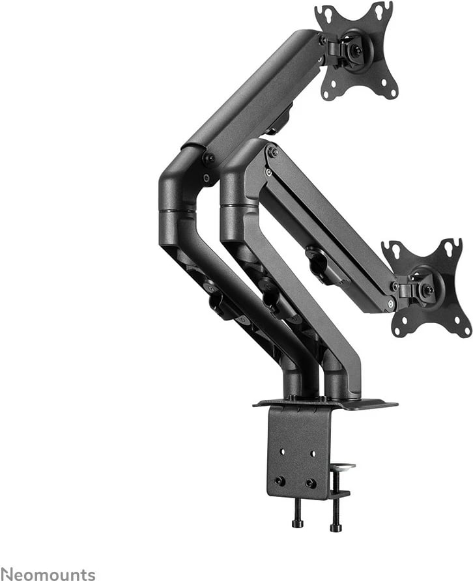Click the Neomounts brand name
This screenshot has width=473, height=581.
pyautogui.click(x=48, y=574)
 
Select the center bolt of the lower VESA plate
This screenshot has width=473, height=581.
pyautogui.click(x=428, y=290)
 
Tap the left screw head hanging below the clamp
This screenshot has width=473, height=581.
pyautogui.click(x=298, y=522)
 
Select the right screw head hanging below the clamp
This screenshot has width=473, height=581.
pyautogui.click(x=336, y=525)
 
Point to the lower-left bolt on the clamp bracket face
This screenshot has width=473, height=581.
pyautogui.click(x=279, y=481)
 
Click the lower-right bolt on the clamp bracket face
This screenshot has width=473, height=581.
pyautogui.click(x=311, y=483)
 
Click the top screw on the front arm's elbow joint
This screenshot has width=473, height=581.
pyautogui.click(x=272, y=152)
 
